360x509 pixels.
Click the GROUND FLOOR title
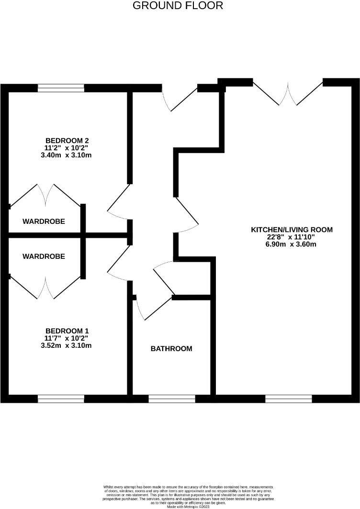tap(177, 6)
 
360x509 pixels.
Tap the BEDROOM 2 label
tap(67, 140)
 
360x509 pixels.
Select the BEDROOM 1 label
tap(67, 331)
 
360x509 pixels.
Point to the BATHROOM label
tap(171, 349)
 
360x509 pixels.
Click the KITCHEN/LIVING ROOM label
tap(292, 230)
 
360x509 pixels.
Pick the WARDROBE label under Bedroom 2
tap(44, 222)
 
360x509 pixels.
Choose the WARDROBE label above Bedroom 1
tap(44, 256)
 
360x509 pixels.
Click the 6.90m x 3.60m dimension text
tap(292, 244)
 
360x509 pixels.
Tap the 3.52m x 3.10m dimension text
tap(67, 345)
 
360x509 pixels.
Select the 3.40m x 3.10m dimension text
tap(67, 155)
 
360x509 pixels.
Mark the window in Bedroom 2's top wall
tap(61, 88)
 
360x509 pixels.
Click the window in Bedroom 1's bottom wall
tap(61, 398)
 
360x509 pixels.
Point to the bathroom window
tap(171, 398)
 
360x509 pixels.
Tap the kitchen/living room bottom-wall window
tap(288, 398)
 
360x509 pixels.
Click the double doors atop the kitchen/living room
tap(288, 93)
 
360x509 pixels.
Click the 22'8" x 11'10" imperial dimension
tap(292, 237)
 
